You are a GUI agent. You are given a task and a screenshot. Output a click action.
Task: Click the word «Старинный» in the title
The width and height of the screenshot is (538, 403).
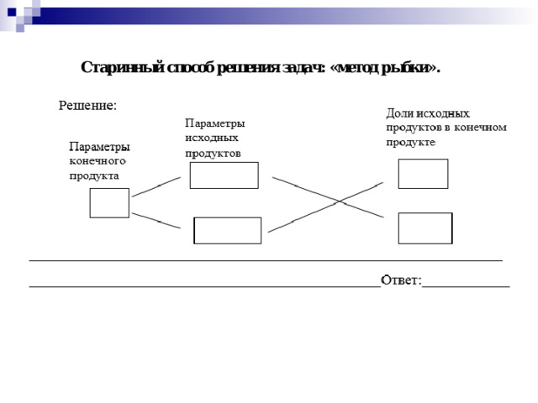[x=123, y=67]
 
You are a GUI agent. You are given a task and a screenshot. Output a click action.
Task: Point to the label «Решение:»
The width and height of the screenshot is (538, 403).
[x=87, y=106]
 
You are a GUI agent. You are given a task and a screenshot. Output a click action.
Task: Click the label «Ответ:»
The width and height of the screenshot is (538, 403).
[x=401, y=280]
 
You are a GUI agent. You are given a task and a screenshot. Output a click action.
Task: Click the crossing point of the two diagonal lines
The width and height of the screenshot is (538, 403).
[x=339, y=201]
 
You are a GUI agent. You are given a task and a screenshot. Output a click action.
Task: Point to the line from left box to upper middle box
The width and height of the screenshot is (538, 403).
[x=156, y=186]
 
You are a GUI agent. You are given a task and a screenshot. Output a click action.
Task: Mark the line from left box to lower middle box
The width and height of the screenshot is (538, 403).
[x=156, y=221]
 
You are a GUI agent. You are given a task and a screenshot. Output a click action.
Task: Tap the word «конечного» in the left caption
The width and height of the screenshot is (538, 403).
[x=98, y=161]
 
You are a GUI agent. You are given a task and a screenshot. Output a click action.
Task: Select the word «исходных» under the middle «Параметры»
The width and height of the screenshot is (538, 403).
[x=212, y=138]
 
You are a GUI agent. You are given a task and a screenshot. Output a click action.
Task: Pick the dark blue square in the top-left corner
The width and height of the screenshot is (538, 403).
[x=12, y=13]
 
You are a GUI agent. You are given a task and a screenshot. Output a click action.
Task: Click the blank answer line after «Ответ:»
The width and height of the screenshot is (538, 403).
[x=466, y=286]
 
